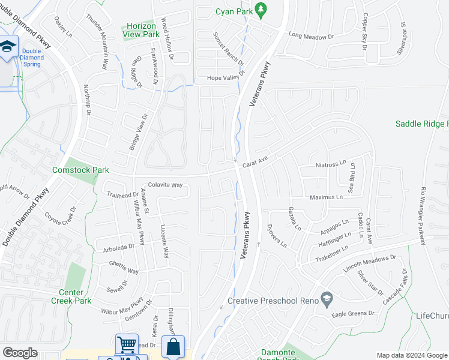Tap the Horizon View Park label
point(141,30)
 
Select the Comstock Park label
point(80,170)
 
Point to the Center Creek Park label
point(75,296)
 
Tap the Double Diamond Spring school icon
point(7,46)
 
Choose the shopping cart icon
point(127,345)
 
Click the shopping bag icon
point(173,347)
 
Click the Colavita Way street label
point(165,185)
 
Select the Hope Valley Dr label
point(226,77)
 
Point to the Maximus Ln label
point(326,197)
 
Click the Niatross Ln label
point(331,163)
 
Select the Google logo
point(20,353)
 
